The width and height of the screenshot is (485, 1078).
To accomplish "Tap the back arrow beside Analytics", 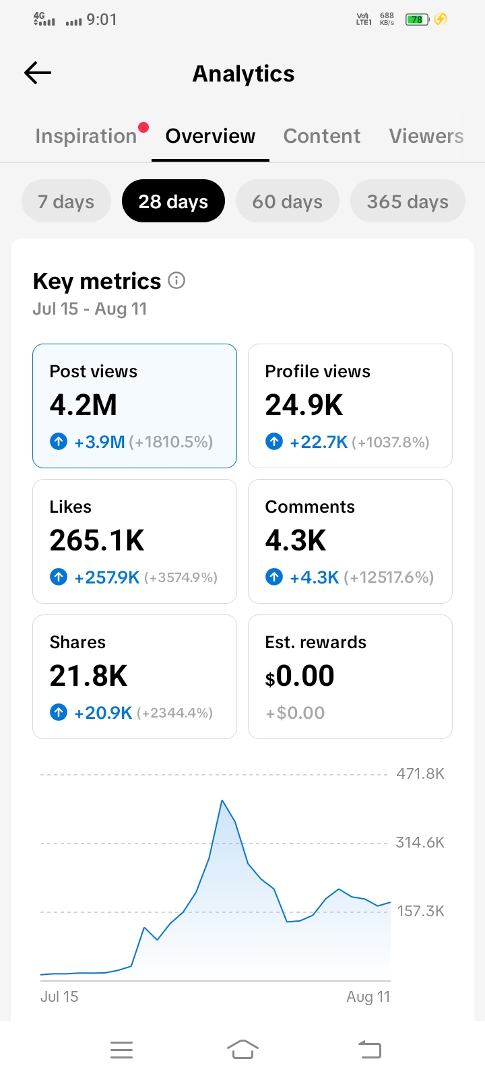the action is pos(38,73).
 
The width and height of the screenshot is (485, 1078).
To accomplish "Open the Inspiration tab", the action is pos(86,136).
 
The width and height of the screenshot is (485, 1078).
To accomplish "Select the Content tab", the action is pos(321,136).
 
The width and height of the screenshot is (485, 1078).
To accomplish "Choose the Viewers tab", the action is pos(426,136).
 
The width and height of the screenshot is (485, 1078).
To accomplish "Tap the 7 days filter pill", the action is pos(67,201).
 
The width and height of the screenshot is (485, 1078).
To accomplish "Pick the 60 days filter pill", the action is pos(287,201).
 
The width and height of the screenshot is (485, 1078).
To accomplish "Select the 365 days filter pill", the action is pos(408,201).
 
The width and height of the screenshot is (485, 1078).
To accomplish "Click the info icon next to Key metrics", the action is pos(176,280).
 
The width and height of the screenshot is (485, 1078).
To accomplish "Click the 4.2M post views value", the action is pos(84,405).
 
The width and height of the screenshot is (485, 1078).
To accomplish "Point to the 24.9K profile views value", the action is pos(304,405).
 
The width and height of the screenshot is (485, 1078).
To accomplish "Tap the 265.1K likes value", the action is pos(97,540).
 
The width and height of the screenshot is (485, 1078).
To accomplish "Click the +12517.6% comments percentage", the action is pos(389,577).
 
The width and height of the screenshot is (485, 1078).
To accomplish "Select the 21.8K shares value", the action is pos(88,676).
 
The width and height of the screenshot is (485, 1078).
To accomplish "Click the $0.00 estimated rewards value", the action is pos(299,676).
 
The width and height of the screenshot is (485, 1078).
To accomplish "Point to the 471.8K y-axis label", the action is pos(420,774).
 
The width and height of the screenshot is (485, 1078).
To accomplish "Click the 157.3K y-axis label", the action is pos(420,911).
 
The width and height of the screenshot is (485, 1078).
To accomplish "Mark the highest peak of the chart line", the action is pos(222,800).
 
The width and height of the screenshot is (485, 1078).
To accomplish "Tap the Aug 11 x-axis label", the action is pos(368,996).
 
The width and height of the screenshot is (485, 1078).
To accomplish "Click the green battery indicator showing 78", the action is pos(417,20).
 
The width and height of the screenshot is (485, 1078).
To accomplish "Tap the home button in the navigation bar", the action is pos(243,1050).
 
